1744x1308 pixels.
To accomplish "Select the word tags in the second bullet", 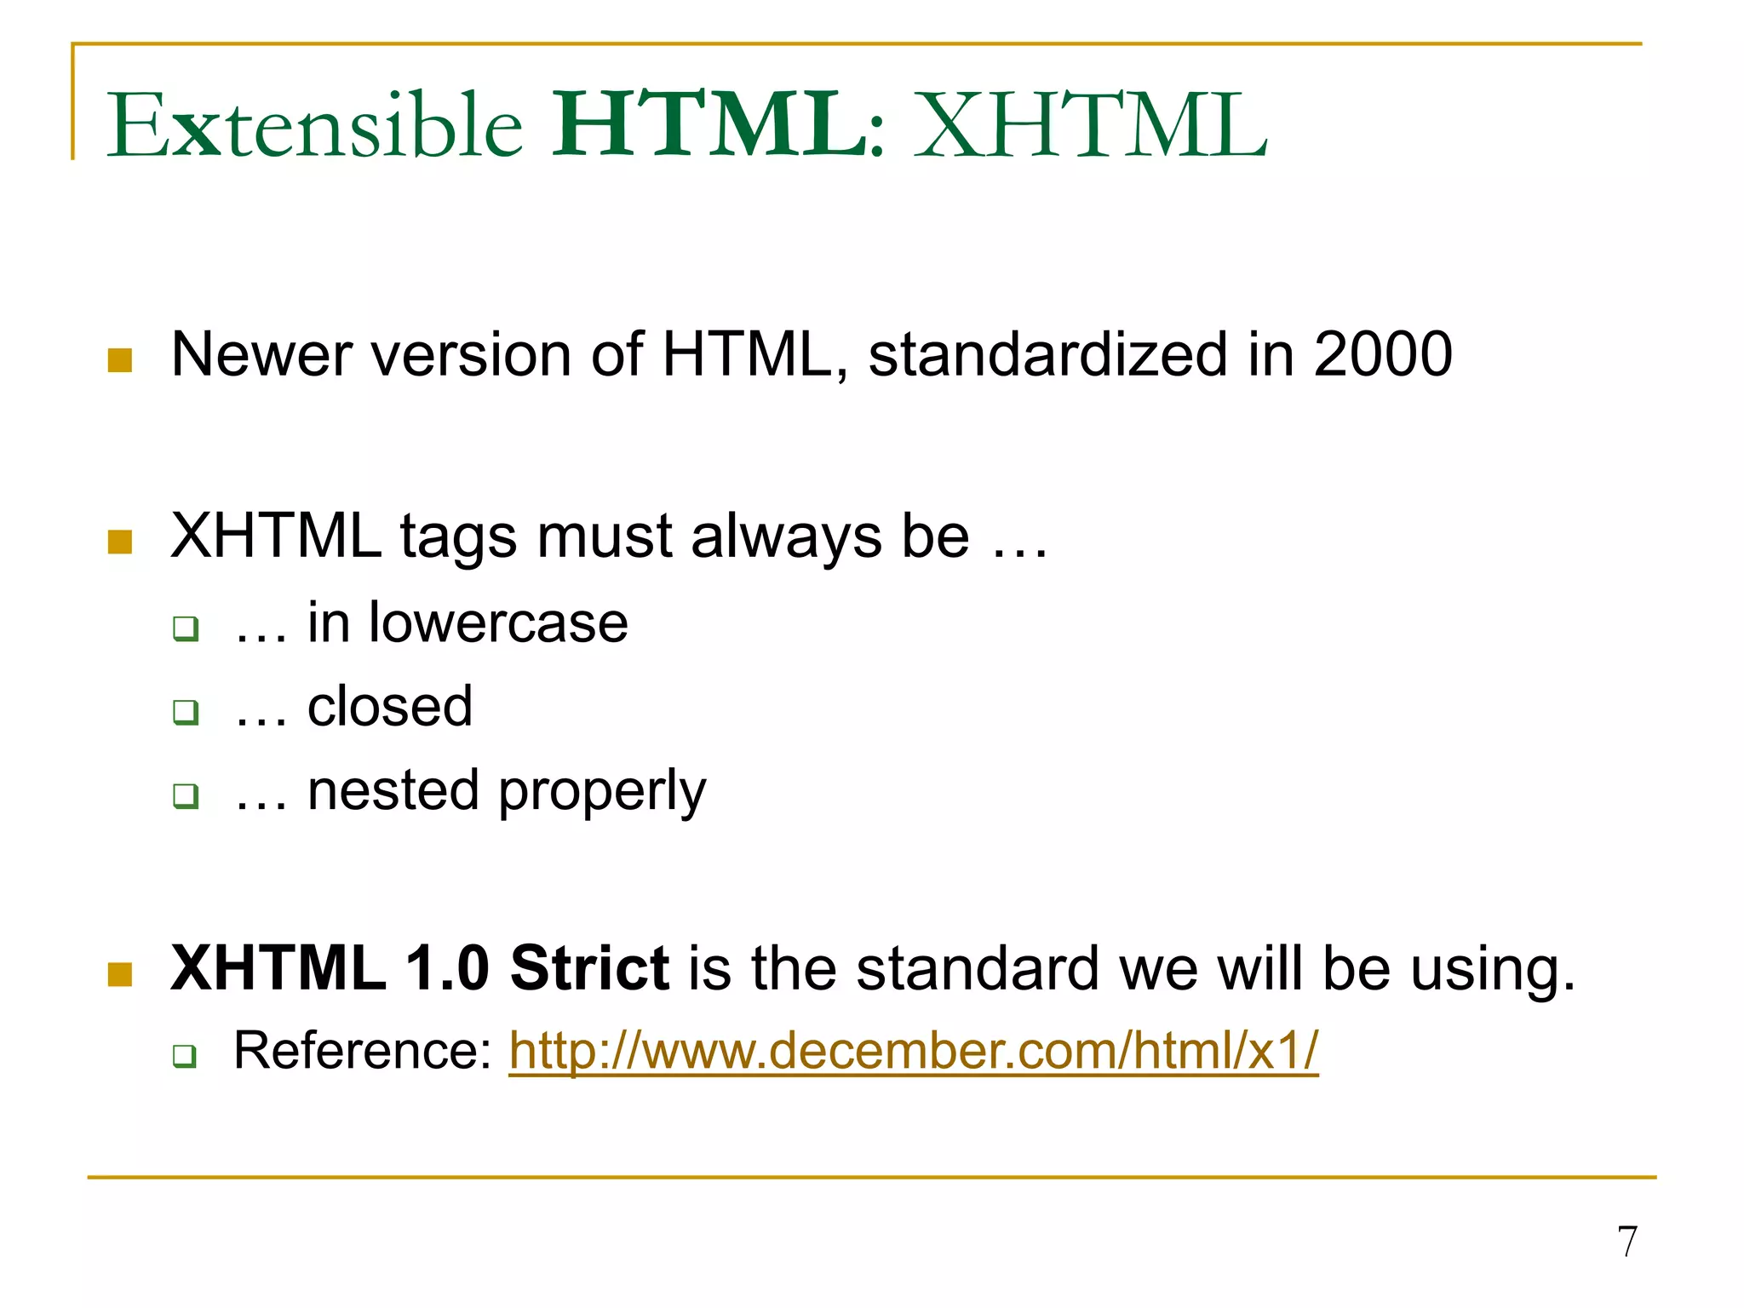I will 458,537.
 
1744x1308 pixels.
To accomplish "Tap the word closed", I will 389,707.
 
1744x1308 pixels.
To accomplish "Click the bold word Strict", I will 589,969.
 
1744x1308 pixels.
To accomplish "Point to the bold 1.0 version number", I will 447,969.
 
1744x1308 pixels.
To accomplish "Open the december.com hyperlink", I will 913,1051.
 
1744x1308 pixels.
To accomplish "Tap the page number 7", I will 1626,1242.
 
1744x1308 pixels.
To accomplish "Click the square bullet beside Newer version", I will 120,360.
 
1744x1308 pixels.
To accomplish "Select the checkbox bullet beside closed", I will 185,712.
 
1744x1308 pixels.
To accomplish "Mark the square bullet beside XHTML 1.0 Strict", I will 120,974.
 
